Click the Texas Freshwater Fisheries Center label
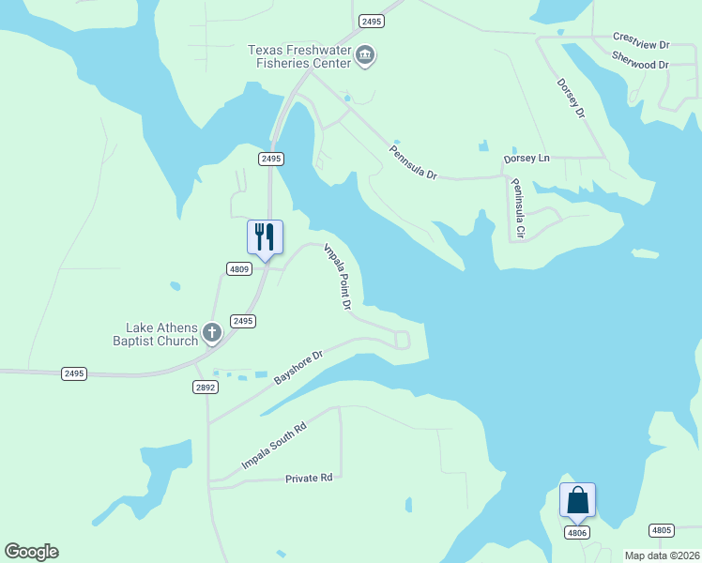(298, 56)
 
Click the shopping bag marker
(577, 499)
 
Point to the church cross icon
(213, 332)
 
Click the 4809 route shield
(239, 269)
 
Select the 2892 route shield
(206, 387)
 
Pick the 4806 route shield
(576, 532)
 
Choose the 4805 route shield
(661, 530)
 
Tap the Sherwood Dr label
(639, 65)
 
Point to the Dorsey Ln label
(526, 159)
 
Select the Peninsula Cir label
(518, 207)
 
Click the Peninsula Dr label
(413, 161)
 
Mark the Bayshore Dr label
(298, 367)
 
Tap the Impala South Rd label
(274, 447)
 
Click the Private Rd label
(309, 478)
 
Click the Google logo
(31, 551)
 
